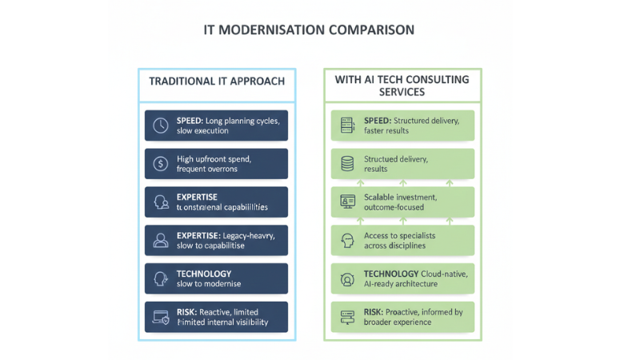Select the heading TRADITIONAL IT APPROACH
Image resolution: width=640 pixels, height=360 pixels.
pos(217,82)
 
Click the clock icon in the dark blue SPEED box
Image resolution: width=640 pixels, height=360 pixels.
pos(160,126)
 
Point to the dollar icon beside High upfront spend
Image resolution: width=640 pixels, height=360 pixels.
pos(160,164)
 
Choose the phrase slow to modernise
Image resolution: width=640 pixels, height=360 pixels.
pos(209,284)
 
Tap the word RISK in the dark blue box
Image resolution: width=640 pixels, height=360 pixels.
pos(189,312)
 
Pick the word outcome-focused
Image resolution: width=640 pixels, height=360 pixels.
pos(394,207)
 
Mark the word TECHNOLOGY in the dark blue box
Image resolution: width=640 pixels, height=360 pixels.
pos(204,274)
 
